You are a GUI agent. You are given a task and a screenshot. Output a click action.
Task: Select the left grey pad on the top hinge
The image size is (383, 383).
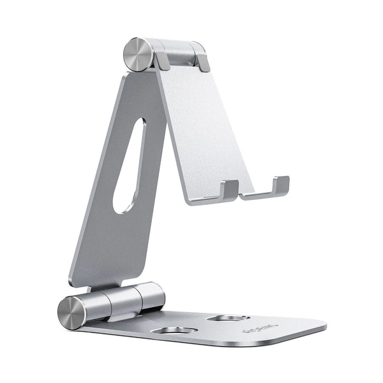pyautogui.click(x=163, y=61)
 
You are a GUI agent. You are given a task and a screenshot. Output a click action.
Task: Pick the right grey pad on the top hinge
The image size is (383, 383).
pyautogui.click(x=203, y=63)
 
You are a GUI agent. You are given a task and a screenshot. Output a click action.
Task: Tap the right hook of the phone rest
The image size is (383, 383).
pyautogui.click(x=280, y=186)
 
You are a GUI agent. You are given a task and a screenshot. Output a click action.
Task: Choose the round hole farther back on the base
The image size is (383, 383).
pyautogui.click(x=229, y=318)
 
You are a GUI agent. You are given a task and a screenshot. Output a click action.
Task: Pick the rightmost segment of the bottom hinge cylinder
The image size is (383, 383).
pyautogui.click(x=151, y=295)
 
